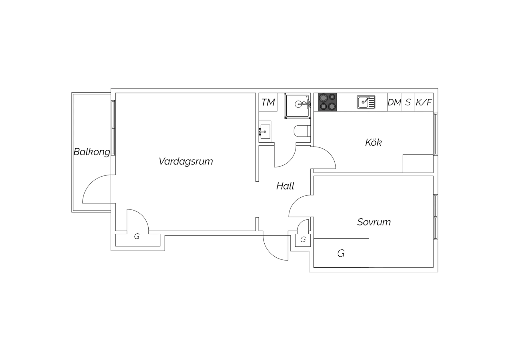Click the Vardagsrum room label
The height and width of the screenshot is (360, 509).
(186, 161)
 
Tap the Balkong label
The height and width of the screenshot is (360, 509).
(92, 152)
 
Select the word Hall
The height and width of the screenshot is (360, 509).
(285, 186)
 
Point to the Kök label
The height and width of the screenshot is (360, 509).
(373, 142)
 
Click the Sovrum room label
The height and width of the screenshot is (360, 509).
(374, 222)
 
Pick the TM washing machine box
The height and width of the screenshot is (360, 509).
(268, 102)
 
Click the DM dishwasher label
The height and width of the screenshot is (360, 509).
(394, 102)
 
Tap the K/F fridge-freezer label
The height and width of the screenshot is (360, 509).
(424, 102)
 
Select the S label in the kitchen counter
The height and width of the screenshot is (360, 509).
(408, 102)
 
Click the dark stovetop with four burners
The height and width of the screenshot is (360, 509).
(327, 102)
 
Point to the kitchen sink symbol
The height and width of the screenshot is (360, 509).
(366, 102)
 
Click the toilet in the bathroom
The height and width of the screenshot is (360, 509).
(302, 131)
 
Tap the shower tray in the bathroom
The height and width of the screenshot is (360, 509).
(297, 106)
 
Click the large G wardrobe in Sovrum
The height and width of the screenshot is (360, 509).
(341, 253)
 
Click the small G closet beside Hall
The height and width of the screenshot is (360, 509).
(303, 239)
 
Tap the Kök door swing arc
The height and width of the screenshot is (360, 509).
(328, 154)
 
